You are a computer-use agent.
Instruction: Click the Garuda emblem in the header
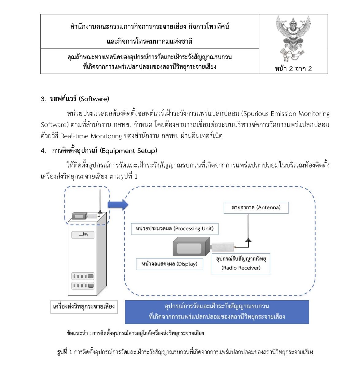(293, 38)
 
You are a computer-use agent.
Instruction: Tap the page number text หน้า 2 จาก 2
(293, 69)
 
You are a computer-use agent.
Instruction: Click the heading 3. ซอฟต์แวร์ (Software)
(75, 99)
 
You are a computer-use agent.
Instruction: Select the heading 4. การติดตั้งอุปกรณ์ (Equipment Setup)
(99, 151)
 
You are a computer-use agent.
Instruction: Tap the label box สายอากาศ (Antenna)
(256, 208)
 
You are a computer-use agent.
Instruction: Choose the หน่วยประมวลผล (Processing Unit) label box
(174, 229)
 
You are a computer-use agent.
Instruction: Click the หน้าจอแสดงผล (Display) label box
(170, 264)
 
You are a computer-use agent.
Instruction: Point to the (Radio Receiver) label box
(241, 264)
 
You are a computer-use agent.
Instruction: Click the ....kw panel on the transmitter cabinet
(83, 235)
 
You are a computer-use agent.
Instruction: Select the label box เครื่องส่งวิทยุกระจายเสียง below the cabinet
(84, 307)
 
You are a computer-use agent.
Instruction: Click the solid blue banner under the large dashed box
(216, 312)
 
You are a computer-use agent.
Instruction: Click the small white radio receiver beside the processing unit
(223, 247)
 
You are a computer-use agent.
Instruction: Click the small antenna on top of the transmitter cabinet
(100, 201)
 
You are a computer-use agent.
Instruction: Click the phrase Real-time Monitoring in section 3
(91, 136)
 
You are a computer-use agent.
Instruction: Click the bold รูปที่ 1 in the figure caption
(64, 352)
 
